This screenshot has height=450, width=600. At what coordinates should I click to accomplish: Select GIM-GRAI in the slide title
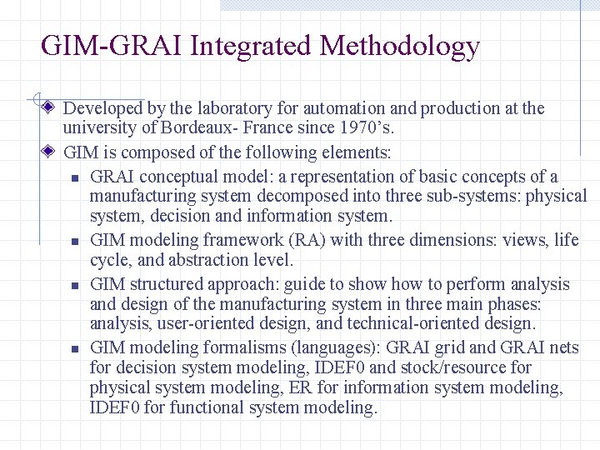tap(112, 46)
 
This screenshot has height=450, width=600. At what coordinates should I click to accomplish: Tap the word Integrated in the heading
tap(251, 46)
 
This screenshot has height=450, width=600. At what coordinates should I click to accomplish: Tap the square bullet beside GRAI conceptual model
tap(74, 177)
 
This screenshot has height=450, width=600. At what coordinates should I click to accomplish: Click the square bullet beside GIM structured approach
tap(74, 285)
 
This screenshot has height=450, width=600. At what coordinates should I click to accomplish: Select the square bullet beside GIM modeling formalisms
tap(74, 348)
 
